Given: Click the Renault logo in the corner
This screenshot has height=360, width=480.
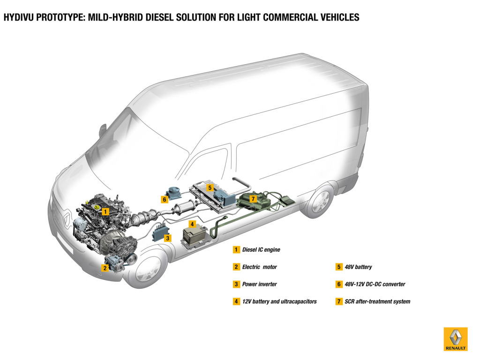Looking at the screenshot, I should [x=455, y=338].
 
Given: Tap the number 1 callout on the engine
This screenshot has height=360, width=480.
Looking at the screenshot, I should [x=106, y=211].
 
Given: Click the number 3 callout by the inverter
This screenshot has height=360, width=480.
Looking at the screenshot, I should [x=167, y=238].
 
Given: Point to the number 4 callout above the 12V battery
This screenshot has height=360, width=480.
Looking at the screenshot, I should [x=192, y=224].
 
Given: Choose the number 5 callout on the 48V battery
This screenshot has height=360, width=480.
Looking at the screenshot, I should [x=210, y=187].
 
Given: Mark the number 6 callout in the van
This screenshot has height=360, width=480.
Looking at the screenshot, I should [x=164, y=199].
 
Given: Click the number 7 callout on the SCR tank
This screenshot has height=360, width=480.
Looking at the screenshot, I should [x=253, y=199].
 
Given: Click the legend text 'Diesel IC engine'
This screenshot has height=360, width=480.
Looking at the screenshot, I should [x=261, y=250].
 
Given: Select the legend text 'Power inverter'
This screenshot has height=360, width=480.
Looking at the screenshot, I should [x=259, y=284].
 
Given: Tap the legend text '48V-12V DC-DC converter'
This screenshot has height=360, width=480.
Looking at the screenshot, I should [x=375, y=284].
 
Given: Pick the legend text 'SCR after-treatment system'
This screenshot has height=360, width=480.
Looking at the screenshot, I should [x=377, y=301].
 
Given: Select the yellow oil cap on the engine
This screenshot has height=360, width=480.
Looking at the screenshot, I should [x=96, y=207].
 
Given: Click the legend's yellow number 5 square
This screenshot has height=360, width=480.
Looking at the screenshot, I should [x=339, y=267].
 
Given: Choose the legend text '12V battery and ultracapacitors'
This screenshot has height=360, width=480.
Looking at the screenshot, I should [x=279, y=301].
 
